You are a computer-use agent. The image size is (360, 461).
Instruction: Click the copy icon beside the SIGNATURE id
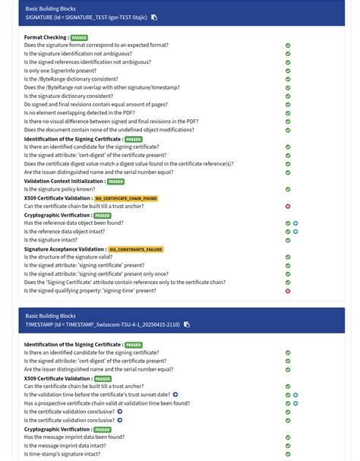point(154,17)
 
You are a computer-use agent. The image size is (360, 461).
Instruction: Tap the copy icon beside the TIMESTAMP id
point(187,324)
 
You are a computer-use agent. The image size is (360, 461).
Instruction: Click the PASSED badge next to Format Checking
point(79,37)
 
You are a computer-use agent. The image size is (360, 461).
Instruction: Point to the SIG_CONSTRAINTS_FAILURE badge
point(135,249)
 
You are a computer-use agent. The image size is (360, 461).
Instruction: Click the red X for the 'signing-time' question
point(288,291)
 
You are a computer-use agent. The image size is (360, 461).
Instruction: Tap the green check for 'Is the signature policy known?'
point(288,189)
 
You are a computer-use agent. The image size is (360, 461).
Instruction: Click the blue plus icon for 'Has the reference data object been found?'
point(295,223)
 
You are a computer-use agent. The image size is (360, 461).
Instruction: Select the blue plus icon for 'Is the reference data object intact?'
point(295,232)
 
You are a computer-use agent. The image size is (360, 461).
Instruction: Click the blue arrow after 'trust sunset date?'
point(175,395)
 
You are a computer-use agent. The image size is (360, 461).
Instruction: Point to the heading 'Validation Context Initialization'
point(64,182)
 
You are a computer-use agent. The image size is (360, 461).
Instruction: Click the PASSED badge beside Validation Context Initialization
point(115,182)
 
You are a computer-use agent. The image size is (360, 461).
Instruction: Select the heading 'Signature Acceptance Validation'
point(64,249)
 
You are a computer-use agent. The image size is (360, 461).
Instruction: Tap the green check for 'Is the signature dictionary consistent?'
point(288,96)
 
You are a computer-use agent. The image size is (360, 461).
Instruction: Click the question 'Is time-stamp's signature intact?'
point(62,454)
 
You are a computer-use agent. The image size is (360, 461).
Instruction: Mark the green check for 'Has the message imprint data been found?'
point(288,437)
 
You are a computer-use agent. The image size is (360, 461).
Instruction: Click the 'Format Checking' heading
point(46,37)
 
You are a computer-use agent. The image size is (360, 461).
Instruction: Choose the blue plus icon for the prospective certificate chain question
point(295,403)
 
